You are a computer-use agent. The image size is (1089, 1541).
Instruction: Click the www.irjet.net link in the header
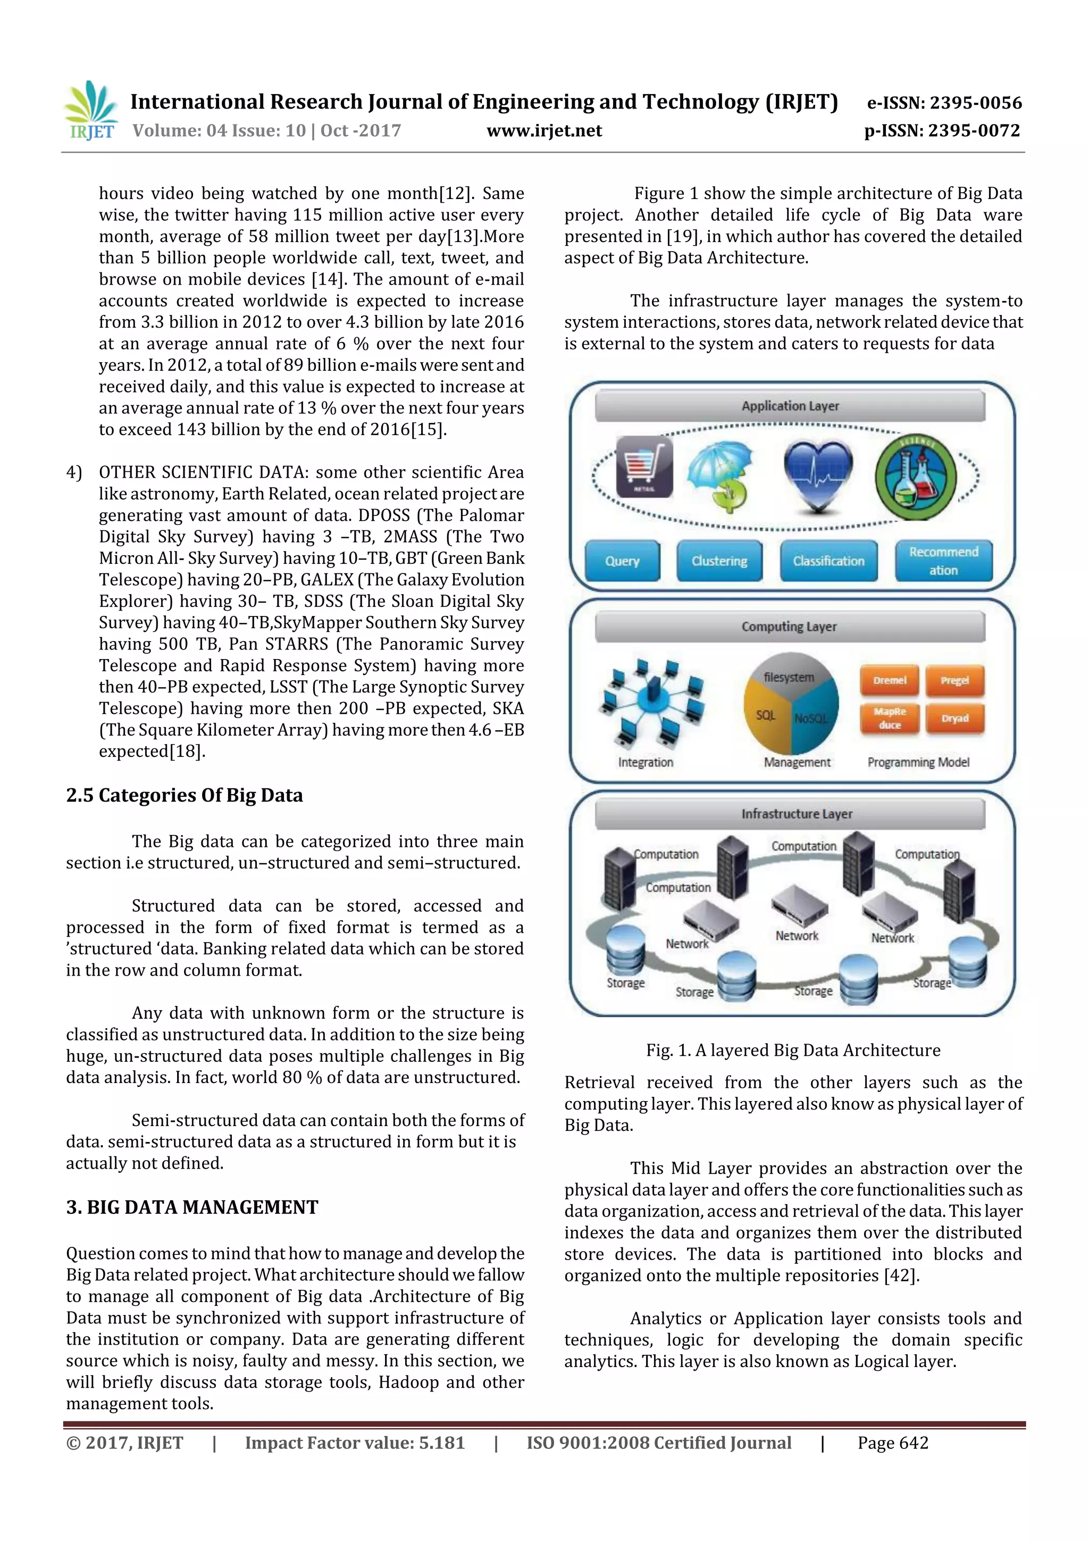(x=544, y=130)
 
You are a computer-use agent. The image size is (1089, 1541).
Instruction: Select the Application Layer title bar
(x=790, y=406)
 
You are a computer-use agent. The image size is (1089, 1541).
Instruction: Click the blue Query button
(x=622, y=561)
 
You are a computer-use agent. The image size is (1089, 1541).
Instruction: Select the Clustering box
(x=719, y=561)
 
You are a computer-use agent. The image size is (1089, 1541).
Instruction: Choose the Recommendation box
(x=943, y=561)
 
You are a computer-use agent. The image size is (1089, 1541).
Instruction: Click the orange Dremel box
(x=890, y=680)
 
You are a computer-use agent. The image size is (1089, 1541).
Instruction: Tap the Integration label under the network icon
(x=646, y=762)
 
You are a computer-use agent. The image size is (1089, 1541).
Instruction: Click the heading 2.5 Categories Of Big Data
(x=185, y=795)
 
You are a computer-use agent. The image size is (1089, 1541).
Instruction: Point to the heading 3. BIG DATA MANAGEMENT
(x=192, y=1207)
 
